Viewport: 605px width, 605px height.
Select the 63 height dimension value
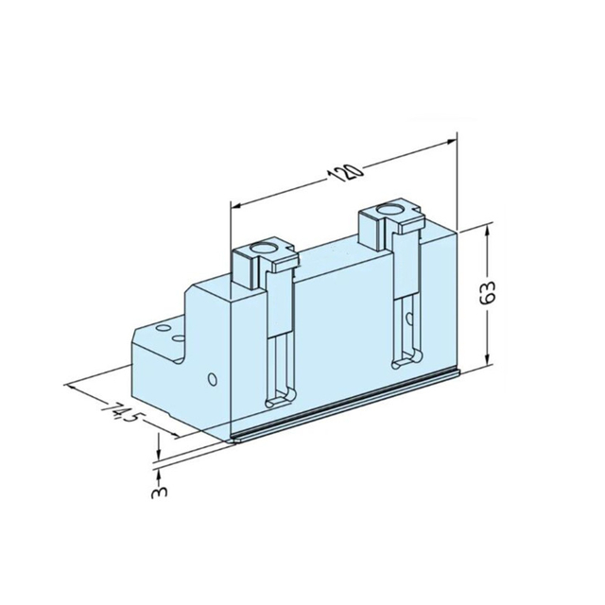point(490,293)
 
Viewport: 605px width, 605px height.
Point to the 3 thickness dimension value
point(159,493)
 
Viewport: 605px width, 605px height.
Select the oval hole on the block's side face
point(213,380)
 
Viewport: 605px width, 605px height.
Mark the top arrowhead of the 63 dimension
point(487,229)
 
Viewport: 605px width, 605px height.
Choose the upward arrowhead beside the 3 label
point(160,470)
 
